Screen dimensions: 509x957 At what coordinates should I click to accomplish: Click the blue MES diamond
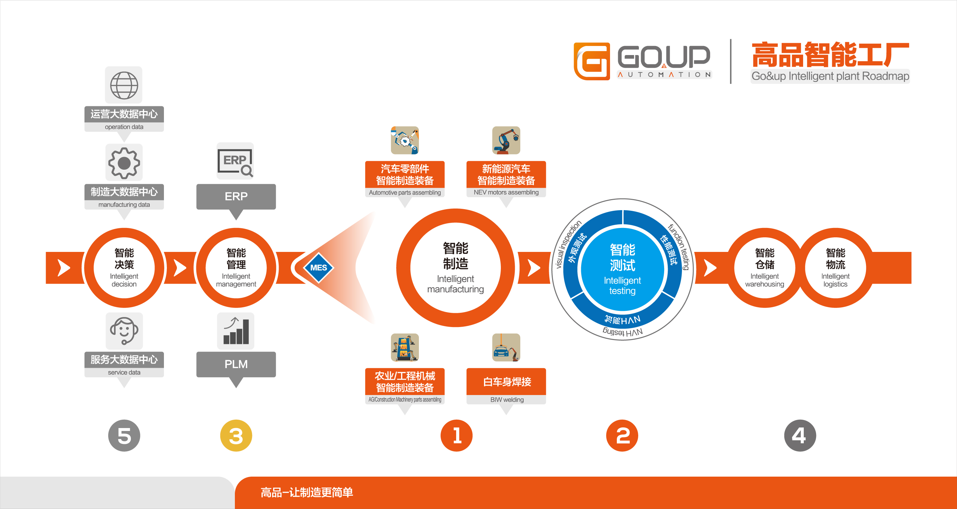(318, 268)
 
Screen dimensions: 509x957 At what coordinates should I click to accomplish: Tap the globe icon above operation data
(124, 85)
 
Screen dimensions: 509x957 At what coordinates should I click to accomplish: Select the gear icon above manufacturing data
(124, 163)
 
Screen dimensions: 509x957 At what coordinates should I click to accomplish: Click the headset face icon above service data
(124, 330)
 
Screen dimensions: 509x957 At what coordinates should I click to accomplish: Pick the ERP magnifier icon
(235, 162)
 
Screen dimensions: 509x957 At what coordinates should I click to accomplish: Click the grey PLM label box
(236, 364)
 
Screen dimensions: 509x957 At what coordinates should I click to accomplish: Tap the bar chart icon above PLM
(236, 331)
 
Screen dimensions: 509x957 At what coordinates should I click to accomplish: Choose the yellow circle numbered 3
(236, 435)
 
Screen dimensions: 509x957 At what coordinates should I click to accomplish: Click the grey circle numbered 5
(124, 435)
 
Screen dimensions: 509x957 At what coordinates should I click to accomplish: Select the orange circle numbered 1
(456, 435)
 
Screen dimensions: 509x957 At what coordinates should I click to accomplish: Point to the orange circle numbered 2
(622, 435)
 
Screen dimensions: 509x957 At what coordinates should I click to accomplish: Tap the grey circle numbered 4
(800, 435)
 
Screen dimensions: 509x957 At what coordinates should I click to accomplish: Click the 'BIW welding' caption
(507, 400)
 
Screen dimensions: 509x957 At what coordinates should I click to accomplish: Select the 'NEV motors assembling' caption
(506, 192)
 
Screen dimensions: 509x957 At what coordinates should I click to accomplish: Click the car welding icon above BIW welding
(506, 347)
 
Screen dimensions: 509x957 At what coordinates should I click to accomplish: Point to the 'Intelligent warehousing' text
(765, 280)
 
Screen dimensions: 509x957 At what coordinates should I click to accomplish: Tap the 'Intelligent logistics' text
(835, 280)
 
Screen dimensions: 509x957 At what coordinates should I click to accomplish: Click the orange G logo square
(592, 61)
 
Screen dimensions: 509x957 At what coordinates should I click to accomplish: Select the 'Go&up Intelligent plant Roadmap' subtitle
(830, 76)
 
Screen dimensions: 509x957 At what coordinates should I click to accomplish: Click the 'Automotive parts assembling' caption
(405, 193)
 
